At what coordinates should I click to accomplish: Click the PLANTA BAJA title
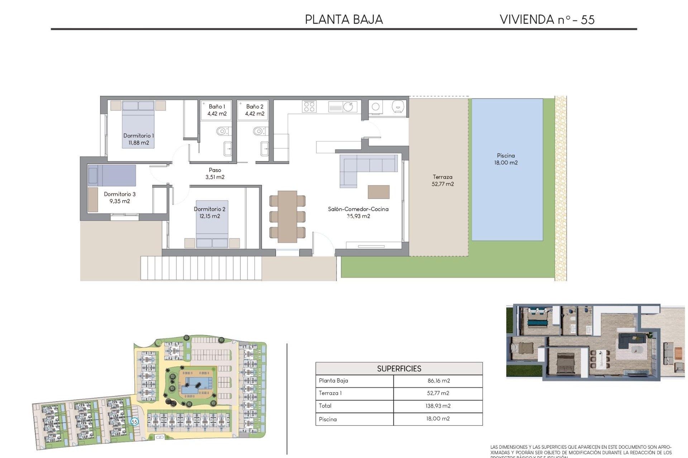[344, 19]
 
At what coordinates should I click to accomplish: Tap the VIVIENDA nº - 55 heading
[547, 19]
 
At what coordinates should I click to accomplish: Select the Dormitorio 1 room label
[138, 139]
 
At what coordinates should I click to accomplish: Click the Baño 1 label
[217, 110]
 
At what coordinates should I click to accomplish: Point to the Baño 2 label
[254, 110]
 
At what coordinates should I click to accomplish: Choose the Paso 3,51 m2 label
[215, 174]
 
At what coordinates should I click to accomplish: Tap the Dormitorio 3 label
[120, 198]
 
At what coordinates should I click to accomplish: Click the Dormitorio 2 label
[210, 213]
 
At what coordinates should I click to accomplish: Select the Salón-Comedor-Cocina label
[358, 213]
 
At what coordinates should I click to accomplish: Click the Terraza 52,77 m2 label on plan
[443, 180]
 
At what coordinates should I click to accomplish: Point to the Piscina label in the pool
[506, 159]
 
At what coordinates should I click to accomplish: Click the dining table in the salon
[287, 216]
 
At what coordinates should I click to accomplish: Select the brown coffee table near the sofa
[378, 192]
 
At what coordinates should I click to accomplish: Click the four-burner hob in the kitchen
[309, 106]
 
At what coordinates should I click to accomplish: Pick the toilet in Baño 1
[222, 131]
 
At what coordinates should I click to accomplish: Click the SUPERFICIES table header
[399, 369]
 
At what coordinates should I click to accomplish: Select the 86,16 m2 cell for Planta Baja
[438, 381]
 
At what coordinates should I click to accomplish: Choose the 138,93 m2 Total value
[438, 406]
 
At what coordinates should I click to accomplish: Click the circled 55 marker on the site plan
[134, 422]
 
